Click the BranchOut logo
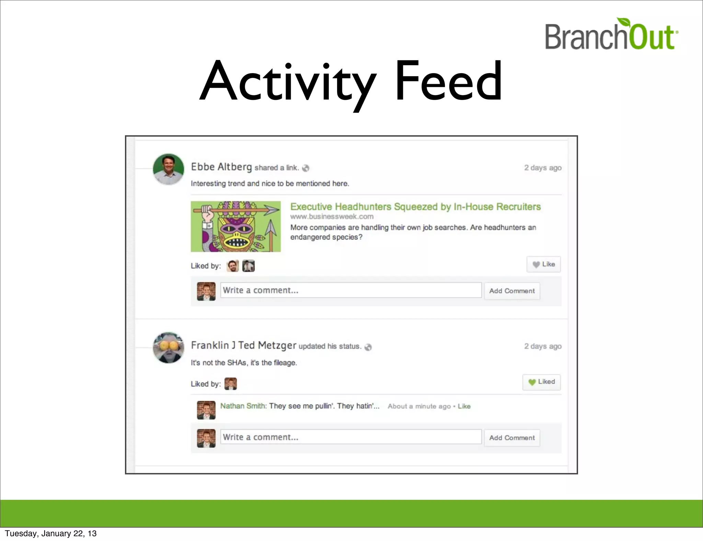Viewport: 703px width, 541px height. (x=611, y=34)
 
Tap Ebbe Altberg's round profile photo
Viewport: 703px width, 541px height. (x=168, y=169)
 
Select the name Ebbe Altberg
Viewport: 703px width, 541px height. (x=221, y=167)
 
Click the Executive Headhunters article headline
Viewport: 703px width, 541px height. (x=415, y=207)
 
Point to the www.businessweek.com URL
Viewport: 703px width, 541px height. (x=332, y=217)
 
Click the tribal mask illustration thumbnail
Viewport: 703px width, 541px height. (x=236, y=227)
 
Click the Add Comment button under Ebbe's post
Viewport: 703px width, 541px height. (x=512, y=291)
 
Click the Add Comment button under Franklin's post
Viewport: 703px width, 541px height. (x=512, y=438)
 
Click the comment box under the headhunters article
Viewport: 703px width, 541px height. (x=351, y=290)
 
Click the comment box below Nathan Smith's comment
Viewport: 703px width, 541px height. (x=351, y=437)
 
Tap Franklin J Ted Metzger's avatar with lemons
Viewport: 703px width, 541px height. (x=168, y=347)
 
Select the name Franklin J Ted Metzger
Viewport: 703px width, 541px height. (x=243, y=345)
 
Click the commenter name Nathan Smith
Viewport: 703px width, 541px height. (x=243, y=406)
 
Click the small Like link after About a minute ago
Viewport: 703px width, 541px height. (x=464, y=406)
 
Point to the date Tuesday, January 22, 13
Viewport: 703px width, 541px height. (x=51, y=533)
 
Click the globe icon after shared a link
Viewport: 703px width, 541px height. (x=306, y=168)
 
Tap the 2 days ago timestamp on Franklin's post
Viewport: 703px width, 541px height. (x=543, y=346)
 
